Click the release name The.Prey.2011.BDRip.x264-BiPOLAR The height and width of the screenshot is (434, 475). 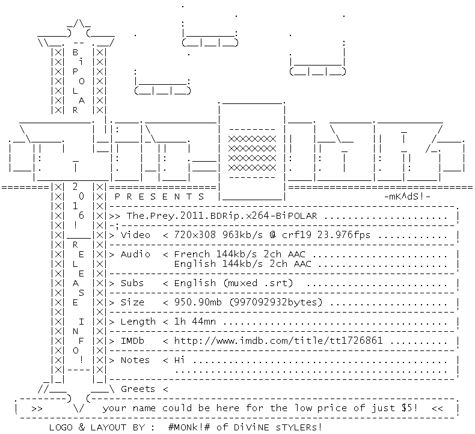[222, 216]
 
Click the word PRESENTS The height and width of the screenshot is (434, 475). [159, 197]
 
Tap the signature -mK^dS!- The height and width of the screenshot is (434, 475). [408, 197]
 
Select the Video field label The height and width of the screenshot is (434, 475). [135, 235]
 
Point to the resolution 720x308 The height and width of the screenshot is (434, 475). [195, 234]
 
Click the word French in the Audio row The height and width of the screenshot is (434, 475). [192, 254]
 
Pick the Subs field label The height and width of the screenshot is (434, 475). [132, 283]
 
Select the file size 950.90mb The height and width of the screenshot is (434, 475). [198, 302]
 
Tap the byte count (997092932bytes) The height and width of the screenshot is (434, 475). [275, 302]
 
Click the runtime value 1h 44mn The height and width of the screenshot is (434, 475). [195, 322]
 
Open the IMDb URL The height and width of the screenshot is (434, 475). [278, 341]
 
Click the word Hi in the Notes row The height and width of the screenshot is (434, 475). [179, 360]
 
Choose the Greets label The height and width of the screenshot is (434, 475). [138, 389]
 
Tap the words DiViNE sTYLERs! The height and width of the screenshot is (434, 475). [278, 427]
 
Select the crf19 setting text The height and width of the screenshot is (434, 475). [296, 234]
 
